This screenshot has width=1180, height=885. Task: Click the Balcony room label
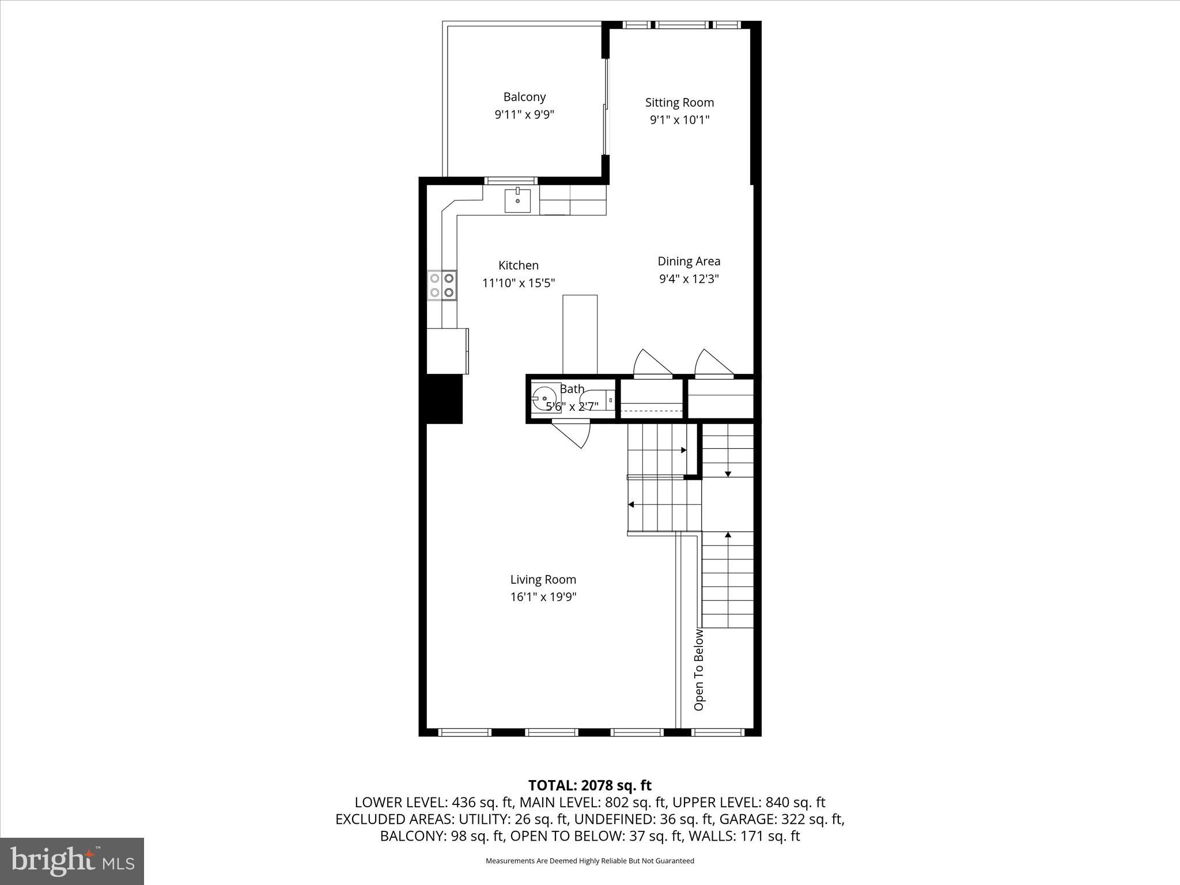coord(524,97)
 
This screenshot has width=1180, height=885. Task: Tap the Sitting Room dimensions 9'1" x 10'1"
coord(679,120)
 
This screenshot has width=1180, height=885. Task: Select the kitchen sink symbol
coord(517,200)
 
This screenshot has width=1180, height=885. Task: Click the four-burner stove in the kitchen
coord(442,285)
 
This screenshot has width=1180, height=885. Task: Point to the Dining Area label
coord(689,261)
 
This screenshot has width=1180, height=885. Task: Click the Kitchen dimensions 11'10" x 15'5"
coord(519,283)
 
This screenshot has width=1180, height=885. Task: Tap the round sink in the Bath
coord(544,398)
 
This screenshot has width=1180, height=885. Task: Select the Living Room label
coord(543,580)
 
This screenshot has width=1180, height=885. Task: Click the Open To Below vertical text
coord(699,670)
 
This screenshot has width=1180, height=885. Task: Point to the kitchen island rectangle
coord(580,334)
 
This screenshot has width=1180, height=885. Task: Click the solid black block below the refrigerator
coord(444,399)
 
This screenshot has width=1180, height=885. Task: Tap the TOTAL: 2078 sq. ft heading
coord(589,785)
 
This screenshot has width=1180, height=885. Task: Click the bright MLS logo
coord(72,861)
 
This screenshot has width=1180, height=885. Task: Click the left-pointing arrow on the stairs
coord(631,505)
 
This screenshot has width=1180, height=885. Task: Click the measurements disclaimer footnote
coord(589,861)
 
